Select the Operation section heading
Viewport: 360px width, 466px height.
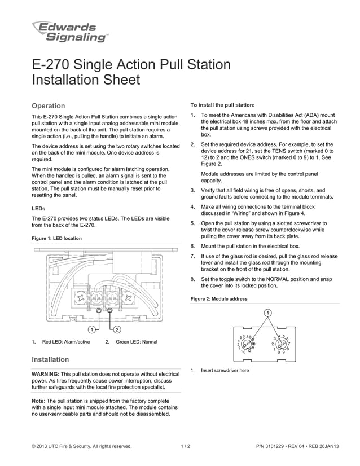click(49, 105)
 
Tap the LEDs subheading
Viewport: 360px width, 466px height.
click(39, 208)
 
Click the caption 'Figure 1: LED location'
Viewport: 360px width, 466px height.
click(57, 238)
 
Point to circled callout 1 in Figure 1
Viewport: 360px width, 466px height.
click(91, 329)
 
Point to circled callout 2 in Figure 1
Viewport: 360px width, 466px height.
click(117, 329)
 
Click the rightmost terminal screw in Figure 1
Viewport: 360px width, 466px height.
click(129, 296)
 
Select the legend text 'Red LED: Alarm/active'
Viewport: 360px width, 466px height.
click(66, 342)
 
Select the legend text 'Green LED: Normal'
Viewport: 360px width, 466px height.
click(136, 342)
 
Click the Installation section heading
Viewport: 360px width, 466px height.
click(51, 359)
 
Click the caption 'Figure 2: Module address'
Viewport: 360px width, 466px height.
click(219, 298)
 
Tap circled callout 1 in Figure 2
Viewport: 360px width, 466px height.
click(267, 313)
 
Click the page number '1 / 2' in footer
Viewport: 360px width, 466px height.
click(185, 446)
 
